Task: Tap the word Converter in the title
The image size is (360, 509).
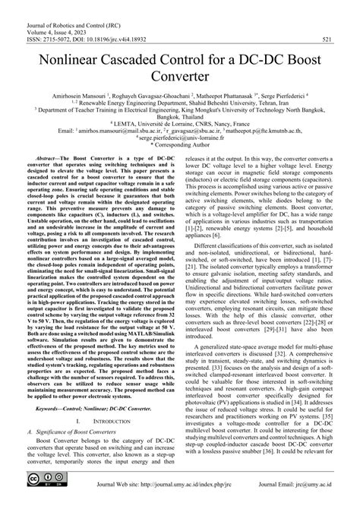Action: point(180,77)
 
